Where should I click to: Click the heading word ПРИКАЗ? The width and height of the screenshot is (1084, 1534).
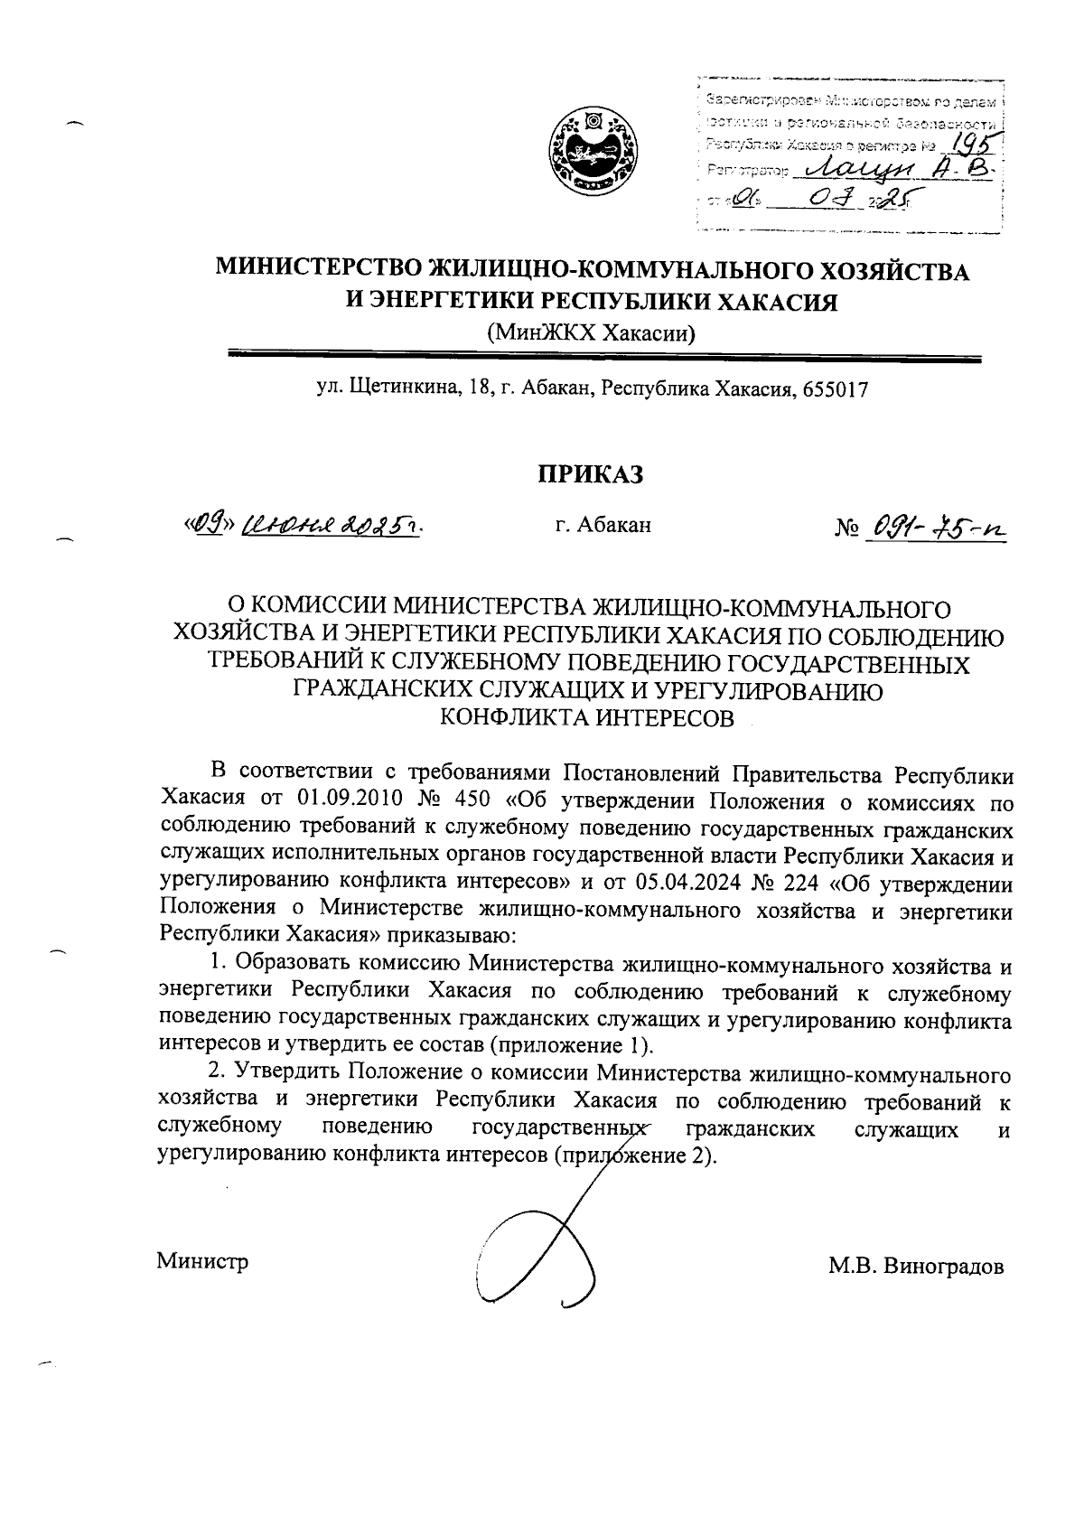[x=591, y=474]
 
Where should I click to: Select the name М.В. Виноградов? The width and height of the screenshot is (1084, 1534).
[x=916, y=1266]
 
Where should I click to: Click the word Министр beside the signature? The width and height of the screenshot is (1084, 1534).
[x=202, y=1261]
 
